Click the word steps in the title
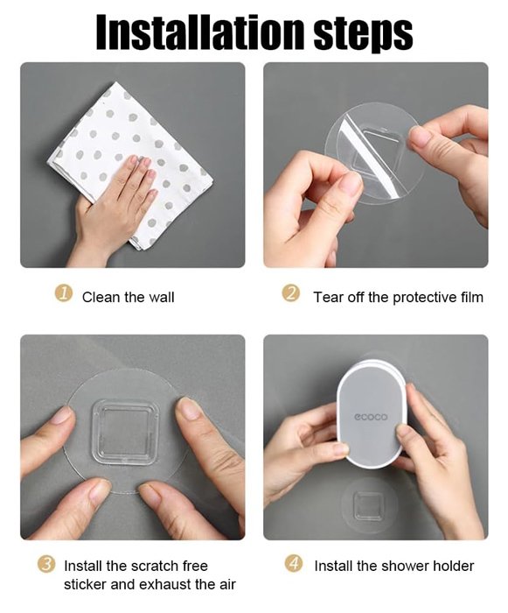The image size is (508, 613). click(363, 34)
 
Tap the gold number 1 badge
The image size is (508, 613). click(63, 294)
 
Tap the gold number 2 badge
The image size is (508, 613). click(291, 294)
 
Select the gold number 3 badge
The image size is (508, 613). click(46, 565)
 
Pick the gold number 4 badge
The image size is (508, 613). click(294, 564)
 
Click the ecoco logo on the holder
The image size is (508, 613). click(371, 417)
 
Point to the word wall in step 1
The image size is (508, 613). click(161, 298)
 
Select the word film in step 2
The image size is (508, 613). click(471, 297)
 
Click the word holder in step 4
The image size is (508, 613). click(453, 566)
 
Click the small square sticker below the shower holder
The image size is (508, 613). click(367, 506)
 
